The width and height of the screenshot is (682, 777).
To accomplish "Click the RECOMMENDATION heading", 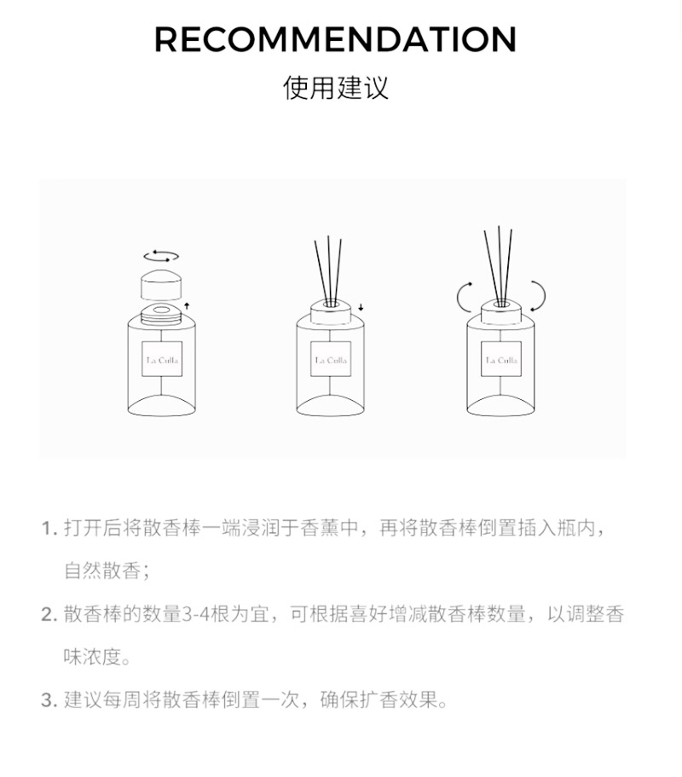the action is coord(335,39).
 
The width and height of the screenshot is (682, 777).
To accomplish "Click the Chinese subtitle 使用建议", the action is coord(336,88).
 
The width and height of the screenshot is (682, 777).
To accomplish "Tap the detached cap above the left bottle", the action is coord(161,284).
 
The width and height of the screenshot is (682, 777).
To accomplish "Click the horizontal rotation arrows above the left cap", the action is coord(161,256).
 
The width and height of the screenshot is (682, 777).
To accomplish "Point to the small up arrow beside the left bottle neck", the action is coord(187,305).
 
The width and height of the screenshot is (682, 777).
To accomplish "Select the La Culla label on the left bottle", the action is coord(162,359).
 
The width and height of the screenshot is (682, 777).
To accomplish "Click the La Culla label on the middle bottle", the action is coord(331,359).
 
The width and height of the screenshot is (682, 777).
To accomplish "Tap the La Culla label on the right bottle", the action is coord(501,359).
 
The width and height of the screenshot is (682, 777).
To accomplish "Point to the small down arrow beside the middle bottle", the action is coord(361,307).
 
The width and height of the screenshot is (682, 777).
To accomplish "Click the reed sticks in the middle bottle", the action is coord(328,270).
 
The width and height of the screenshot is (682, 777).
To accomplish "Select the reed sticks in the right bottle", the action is coord(500,266).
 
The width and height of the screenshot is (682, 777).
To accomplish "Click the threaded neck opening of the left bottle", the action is coord(161,315).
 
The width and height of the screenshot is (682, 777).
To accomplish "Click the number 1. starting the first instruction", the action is coord(50,528).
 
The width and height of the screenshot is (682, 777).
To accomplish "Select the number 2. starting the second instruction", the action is coord(50,614).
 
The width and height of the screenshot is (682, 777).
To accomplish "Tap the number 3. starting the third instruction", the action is coord(50,700).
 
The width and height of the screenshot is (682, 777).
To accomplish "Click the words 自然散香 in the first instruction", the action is coord(102,571).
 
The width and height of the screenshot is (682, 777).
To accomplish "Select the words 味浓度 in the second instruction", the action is coord(93,657).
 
